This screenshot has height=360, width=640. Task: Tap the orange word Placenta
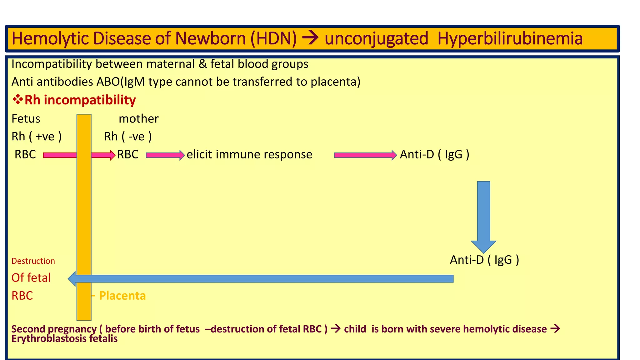122,296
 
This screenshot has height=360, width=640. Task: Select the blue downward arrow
483,216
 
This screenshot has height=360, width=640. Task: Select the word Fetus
26,119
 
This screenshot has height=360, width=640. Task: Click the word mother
138,119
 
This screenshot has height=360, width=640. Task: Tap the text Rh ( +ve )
37,137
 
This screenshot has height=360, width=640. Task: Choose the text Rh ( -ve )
128,137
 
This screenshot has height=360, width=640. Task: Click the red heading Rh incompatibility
80,100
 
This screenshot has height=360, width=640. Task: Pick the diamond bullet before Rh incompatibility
17,100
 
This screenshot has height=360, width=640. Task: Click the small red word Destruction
33,261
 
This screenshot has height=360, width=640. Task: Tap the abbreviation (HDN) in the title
273,38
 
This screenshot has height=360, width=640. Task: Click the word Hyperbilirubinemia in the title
510,38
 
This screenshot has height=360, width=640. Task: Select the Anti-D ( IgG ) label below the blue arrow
484,260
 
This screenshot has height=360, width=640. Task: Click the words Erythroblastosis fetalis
64,338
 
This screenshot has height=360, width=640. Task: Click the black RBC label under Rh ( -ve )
128,154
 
